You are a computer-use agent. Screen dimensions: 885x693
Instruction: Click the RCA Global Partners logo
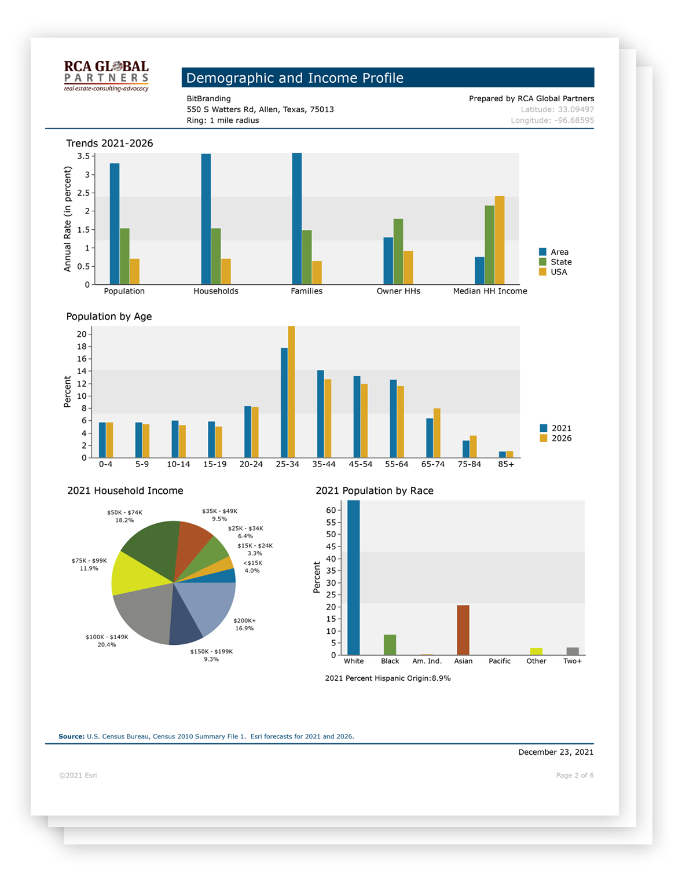[106, 76]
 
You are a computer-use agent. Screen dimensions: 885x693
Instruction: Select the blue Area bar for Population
[115, 224]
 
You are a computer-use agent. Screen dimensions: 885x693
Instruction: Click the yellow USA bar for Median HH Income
[500, 240]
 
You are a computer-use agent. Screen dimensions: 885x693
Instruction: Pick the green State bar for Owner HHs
[398, 252]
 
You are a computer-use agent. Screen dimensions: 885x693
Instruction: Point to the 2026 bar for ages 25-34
[292, 392]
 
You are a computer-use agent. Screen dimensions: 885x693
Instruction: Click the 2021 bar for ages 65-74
[430, 438]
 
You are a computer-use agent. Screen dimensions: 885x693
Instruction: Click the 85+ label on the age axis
[506, 464]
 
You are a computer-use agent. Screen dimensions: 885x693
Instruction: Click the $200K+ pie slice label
[244, 625]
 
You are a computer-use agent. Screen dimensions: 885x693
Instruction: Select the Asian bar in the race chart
[463, 630]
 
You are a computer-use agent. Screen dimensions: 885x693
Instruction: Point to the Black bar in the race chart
[390, 645]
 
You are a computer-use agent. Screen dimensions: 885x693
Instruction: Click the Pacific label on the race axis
[500, 661]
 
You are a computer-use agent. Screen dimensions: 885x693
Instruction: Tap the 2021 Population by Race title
[375, 491]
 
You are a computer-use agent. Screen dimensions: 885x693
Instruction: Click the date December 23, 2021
[556, 752]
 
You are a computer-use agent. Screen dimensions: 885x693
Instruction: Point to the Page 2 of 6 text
[575, 776]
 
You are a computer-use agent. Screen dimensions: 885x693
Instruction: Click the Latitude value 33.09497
[576, 109]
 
